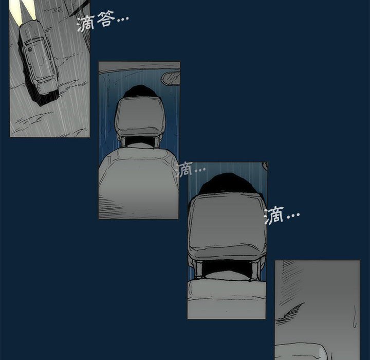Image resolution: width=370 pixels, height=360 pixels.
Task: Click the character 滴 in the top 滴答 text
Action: tap(86, 23)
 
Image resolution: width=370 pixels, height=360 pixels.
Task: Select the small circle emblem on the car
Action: tap(30, 49)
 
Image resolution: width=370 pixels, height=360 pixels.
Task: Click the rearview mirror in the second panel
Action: tap(171, 79)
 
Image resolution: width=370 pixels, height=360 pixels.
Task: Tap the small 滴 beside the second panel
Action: tap(184, 169)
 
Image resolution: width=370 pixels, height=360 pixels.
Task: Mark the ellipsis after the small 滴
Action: tap(199, 169)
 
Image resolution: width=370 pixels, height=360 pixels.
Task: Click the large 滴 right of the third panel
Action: tap(274, 215)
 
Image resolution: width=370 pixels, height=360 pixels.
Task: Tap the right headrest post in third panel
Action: tap(255, 269)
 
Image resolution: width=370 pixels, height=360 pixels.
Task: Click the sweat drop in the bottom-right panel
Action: tap(355, 316)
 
